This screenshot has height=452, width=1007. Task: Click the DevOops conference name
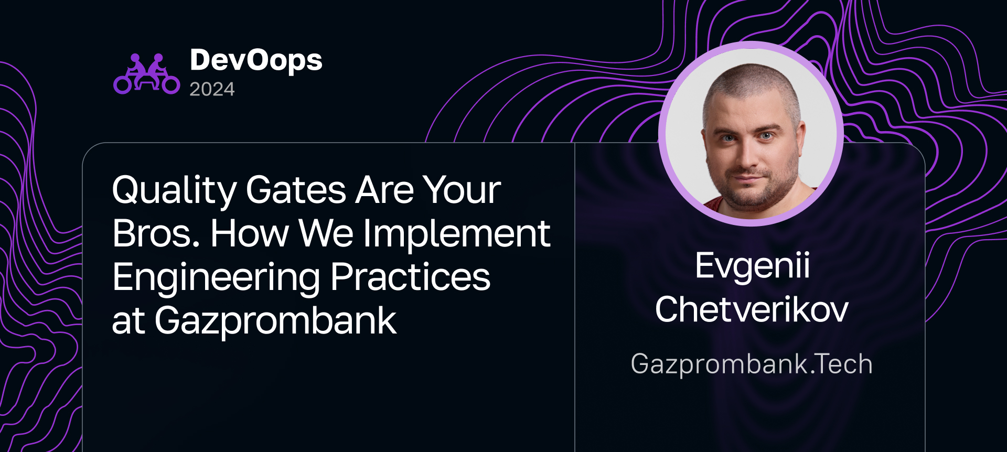[x=256, y=61]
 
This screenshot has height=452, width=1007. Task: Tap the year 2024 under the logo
[x=212, y=90]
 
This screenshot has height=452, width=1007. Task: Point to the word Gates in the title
[x=296, y=190]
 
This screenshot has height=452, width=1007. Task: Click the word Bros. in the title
[x=156, y=234]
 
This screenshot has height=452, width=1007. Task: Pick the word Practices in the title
[x=410, y=277]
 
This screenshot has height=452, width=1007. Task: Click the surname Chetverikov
[x=752, y=309]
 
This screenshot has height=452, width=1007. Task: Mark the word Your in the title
[x=462, y=190]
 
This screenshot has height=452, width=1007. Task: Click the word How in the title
[x=249, y=234]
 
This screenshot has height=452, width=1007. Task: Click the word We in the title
[x=326, y=234]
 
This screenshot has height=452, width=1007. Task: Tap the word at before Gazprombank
[x=128, y=322]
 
